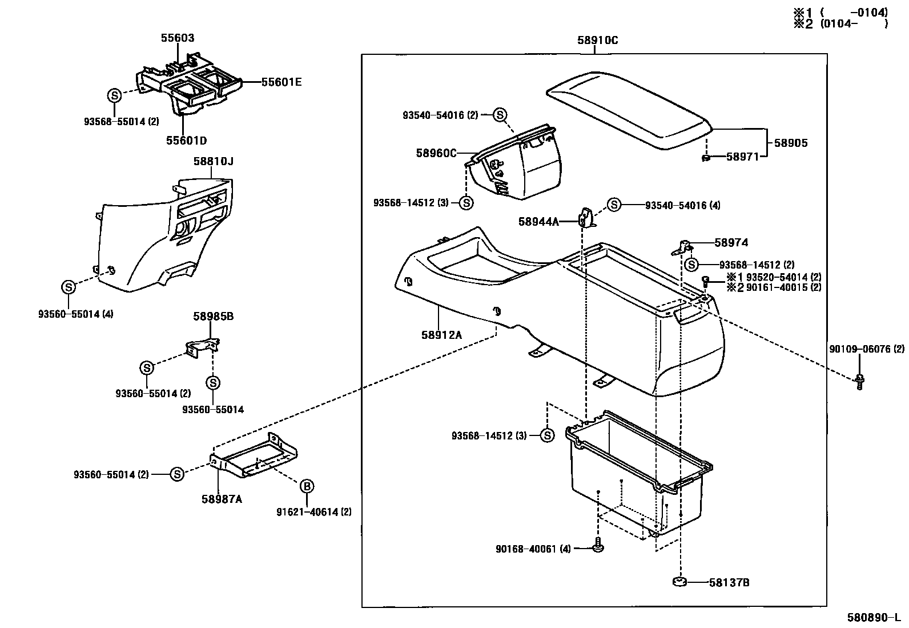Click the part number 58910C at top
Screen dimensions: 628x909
(597, 41)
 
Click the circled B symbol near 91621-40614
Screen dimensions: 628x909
(307, 486)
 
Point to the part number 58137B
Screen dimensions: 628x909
(729, 582)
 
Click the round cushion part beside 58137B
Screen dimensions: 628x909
(679, 582)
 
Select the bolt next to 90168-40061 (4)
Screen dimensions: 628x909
(598, 545)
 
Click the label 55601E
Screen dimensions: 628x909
(281, 82)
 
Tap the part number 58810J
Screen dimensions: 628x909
(213, 162)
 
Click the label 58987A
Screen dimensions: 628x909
(222, 499)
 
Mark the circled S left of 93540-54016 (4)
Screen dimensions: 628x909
(614, 205)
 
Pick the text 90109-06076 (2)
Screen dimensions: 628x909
(866, 349)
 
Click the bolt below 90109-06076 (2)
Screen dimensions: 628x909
(859, 382)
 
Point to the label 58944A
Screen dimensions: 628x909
(538, 221)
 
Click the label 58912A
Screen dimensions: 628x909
(441, 334)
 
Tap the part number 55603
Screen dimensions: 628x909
(177, 38)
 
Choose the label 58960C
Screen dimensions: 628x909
(436, 153)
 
